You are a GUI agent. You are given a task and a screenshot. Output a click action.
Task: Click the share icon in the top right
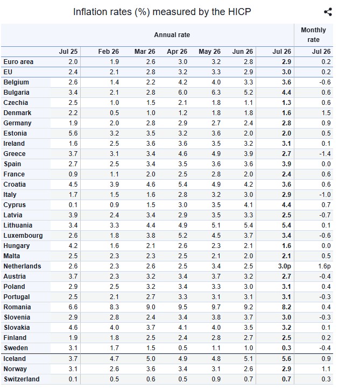click(x=328, y=12)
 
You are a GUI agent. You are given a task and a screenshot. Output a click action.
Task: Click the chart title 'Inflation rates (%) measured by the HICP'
click(x=162, y=12)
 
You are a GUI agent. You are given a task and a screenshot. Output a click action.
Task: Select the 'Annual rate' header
click(x=172, y=35)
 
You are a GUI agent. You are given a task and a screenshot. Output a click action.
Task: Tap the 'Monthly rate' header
click(x=313, y=35)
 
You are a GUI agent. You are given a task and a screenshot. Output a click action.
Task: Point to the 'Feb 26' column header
click(x=108, y=52)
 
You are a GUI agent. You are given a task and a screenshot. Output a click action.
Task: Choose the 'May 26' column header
click(x=209, y=52)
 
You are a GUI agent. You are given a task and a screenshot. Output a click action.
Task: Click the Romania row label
click(x=17, y=307)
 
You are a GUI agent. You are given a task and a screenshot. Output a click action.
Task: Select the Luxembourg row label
click(x=23, y=236)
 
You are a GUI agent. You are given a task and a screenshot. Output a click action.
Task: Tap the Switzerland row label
click(x=22, y=379)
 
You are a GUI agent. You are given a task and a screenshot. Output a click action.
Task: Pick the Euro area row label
click(x=18, y=62)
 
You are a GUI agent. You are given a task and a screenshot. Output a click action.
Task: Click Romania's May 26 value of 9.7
click(x=216, y=307)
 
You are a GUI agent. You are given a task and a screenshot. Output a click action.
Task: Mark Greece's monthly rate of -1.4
click(x=325, y=154)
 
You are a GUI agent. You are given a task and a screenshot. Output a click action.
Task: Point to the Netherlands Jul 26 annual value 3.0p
click(x=284, y=266)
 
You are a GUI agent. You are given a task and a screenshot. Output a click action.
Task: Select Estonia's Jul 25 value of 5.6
click(x=73, y=133)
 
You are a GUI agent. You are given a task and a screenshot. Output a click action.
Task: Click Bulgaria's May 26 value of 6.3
click(x=216, y=93)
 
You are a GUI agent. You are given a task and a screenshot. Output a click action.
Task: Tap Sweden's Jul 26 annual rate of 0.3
click(x=286, y=348)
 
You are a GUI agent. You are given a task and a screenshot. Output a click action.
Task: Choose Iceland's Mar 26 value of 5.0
click(x=151, y=359)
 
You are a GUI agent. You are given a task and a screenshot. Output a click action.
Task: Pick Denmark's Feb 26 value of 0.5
click(x=114, y=113)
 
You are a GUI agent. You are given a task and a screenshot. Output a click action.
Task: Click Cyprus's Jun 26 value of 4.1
click(x=248, y=205)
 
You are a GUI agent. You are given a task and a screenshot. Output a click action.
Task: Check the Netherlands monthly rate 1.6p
click(x=324, y=266)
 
